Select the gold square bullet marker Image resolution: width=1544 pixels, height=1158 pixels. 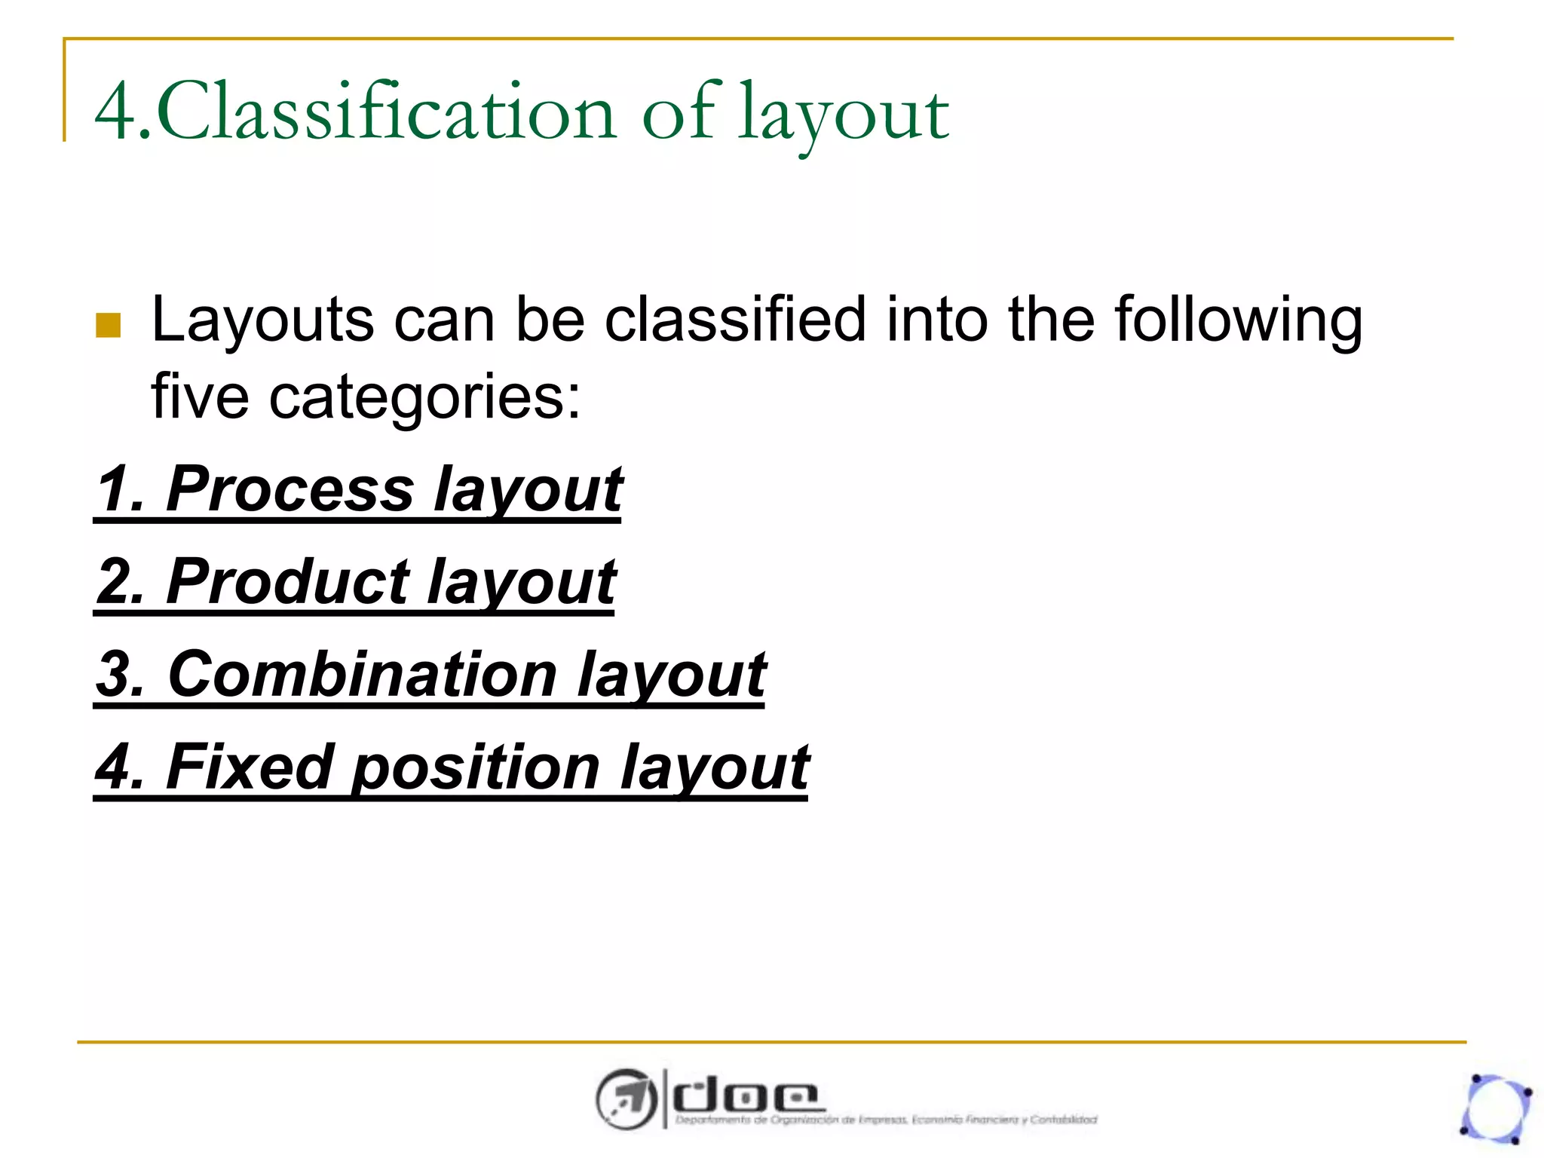point(109,325)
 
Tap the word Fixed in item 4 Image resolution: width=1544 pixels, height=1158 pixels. point(250,767)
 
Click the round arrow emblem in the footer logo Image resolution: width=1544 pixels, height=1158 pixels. point(625,1098)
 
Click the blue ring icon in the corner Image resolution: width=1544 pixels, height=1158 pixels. point(1496,1108)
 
